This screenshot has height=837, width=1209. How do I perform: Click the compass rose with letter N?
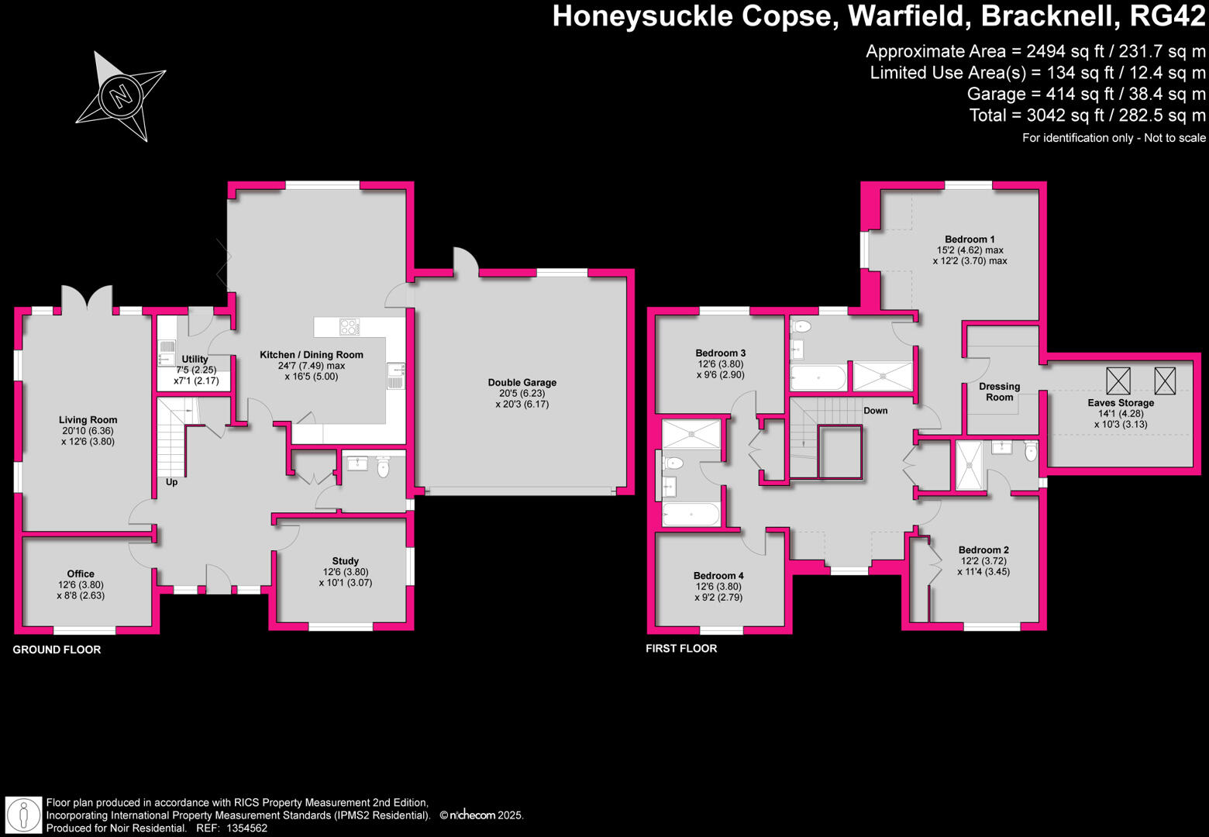(x=121, y=97)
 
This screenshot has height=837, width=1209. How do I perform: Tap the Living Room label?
(x=88, y=420)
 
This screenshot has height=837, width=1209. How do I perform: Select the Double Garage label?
(x=522, y=382)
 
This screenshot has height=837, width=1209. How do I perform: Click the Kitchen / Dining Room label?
(x=311, y=355)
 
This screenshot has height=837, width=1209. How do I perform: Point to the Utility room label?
(x=195, y=360)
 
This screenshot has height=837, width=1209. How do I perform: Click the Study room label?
(x=345, y=561)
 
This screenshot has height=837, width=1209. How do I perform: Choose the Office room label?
(x=81, y=574)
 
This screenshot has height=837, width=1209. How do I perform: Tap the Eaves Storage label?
(x=1120, y=403)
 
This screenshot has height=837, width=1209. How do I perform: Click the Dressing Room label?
(x=999, y=391)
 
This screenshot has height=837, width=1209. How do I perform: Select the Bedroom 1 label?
(x=970, y=239)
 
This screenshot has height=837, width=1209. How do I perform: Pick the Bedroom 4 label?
(x=718, y=576)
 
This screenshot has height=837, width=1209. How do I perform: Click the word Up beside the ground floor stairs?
(x=171, y=482)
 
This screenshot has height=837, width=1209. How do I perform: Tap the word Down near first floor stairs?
(x=876, y=411)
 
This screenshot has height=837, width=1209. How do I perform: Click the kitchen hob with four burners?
(x=350, y=327)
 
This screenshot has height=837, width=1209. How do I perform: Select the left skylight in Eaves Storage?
(x=1118, y=381)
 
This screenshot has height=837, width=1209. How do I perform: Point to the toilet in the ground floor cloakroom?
(x=383, y=467)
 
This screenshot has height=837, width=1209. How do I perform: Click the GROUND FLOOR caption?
(x=57, y=649)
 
